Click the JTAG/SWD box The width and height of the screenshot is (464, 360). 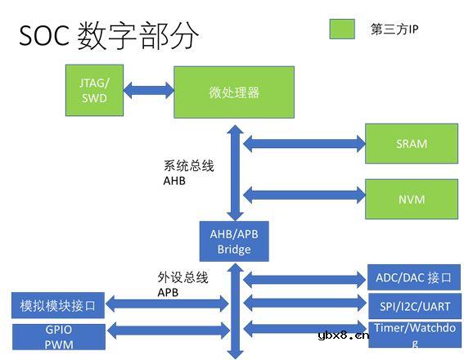pos(94,91)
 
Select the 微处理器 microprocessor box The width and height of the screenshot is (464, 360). pos(234,92)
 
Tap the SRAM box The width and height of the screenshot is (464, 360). pos(412,144)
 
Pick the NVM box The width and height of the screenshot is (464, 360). pos(412,199)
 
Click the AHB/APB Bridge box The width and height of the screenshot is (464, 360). pos(234,241)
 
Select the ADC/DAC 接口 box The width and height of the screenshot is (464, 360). pos(413,277)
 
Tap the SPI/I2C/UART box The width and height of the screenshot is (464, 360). pos(413,307)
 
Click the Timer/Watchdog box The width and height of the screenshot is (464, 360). pos(413,335)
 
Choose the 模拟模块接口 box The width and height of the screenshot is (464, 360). pos(58,307)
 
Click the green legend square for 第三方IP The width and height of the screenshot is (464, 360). pos(342,29)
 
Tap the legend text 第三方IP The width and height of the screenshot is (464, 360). pos(395,29)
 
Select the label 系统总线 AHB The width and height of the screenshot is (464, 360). pos(188,173)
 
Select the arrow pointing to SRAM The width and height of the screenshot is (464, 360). pos(304,145)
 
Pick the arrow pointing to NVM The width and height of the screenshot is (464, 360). pos(304,195)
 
